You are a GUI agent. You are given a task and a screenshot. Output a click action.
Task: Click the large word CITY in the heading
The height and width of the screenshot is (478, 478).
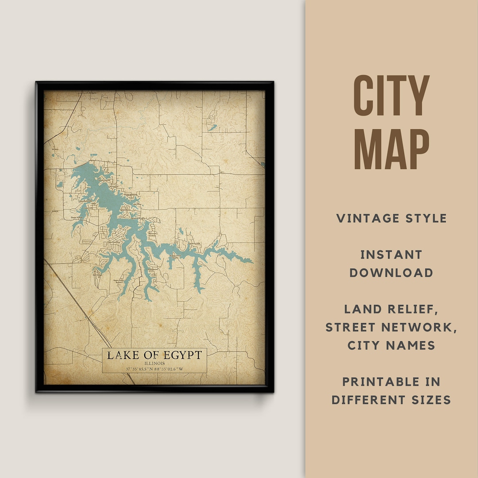pos(392,96)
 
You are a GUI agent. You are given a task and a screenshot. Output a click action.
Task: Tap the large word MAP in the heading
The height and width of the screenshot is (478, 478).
pos(392,149)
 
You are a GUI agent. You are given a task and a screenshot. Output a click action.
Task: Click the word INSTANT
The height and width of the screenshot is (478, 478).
pos(391,254)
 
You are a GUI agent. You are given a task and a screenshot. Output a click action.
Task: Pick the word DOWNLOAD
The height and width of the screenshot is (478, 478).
pos(391,273)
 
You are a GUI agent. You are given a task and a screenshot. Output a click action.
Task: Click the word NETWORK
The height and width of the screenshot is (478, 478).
pos(423,327)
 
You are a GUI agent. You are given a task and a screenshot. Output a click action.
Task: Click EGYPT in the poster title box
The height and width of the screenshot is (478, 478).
pos(180,355)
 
